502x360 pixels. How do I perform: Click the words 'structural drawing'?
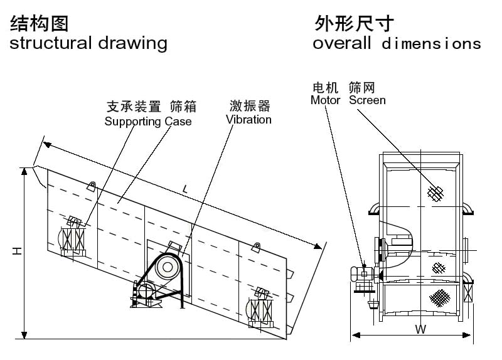click(x=88, y=43)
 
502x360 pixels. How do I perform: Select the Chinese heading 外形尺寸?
click(x=354, y=24)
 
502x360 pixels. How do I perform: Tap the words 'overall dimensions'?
click(x=397, y=44)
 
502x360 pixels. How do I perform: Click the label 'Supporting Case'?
click(x=148, y=121)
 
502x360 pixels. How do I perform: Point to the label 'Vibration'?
click(x=248, y=119)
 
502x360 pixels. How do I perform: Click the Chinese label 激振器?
click(x=248, y=105)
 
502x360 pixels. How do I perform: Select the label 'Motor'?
click(x=325, y=100)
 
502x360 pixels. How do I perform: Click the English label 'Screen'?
click(x=367, y=100)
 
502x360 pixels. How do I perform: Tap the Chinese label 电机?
click(x=325, y=87)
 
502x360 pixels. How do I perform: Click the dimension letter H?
click(x=17, y=251)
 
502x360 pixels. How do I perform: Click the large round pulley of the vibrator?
click(x=168, y=267)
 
